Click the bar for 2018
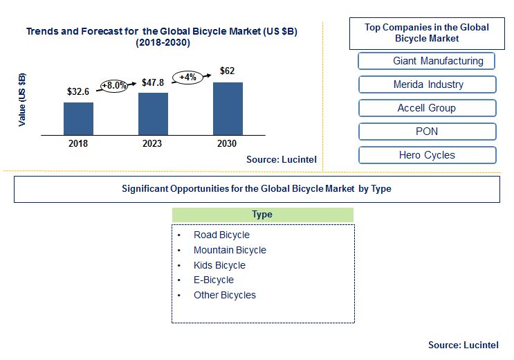(78, 118)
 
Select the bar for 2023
(153, 114)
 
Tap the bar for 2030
(228, 109)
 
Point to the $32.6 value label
(78, 91)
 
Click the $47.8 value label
(153, 82)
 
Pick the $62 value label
(227, 71)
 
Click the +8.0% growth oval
(113, 86)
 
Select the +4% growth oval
(188, 78)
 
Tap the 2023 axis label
(152, 143)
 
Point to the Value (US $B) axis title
(22, 100)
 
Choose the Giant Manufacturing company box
(426, 61)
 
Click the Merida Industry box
(428, 84)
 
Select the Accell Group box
(428, 108)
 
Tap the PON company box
(428, 132)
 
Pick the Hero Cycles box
(428, 155)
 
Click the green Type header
(263, 215)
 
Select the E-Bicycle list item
(214, 280)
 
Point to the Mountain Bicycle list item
(230, 250)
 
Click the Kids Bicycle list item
(219, 265)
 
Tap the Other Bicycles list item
(225, 295)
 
